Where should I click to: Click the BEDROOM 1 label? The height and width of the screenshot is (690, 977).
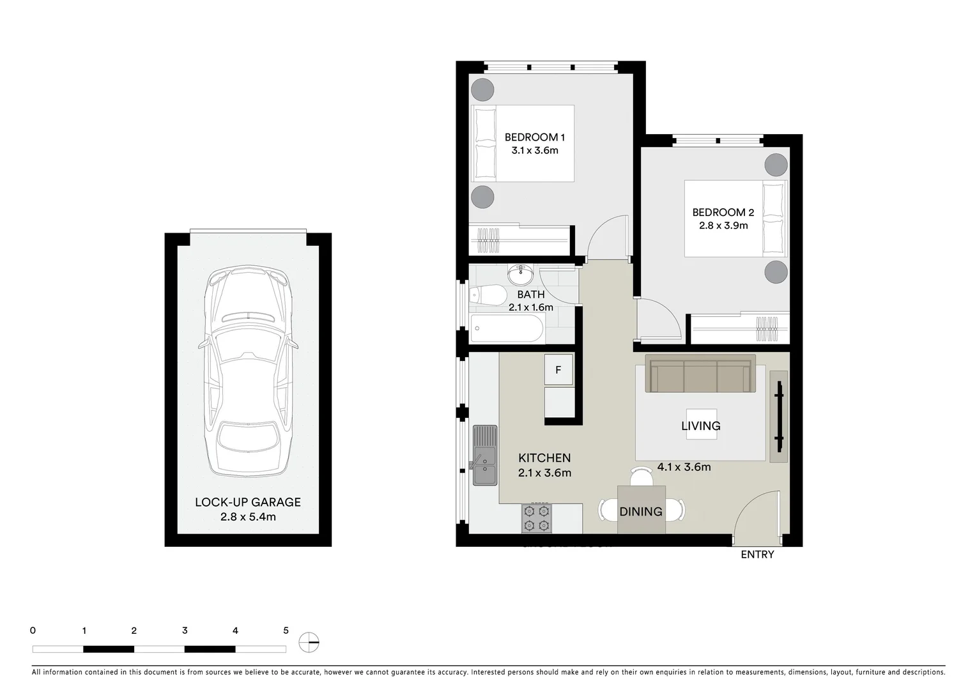coord(534,137)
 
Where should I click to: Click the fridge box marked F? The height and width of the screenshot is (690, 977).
coord(558,370)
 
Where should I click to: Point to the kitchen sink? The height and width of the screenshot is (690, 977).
coord(485,456)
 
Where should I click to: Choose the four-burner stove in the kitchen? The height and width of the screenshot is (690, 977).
coord(536,518)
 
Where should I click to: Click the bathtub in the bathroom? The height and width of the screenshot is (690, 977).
coord(507,328)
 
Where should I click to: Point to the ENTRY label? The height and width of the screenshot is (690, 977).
coord(757,555)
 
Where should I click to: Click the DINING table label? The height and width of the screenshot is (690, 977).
coord(641,511)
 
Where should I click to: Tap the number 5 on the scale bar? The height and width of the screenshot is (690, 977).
coord(286,631)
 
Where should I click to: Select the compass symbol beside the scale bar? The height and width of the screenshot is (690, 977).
coord(309,642)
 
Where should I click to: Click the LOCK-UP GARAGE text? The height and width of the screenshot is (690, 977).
coord(247,502)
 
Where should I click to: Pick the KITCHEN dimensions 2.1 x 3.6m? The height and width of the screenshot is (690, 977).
coord(544,473)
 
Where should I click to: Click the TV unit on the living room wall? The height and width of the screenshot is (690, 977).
coord(778,416)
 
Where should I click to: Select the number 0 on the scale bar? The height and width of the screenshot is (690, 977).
coord(33,631)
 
